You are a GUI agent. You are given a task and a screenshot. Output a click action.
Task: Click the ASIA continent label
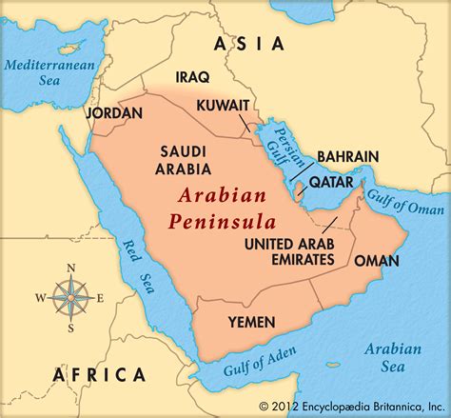click(x=249, y=43)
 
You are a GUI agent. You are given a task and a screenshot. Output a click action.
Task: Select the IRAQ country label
click(x=193, y=77)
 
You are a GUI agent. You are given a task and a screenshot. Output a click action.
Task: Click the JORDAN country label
click(x=115, y=112)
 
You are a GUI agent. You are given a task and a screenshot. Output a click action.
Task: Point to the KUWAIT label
click(x=224, y=104)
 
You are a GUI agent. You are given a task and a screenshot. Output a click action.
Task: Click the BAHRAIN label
click(x=348, y=156)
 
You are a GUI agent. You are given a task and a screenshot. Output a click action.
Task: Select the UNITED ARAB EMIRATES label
click(x=289, y=251)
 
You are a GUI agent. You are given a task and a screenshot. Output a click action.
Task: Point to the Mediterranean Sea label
click(x=43, y=74)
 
